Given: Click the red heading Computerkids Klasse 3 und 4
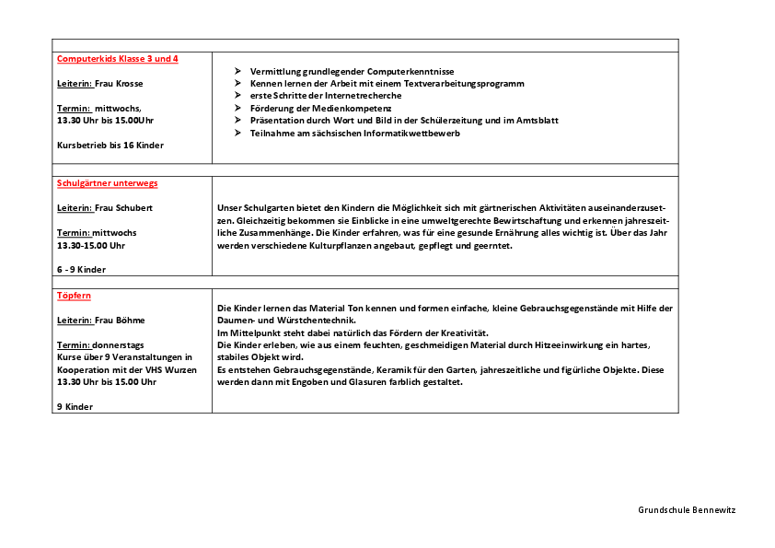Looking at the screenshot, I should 118,59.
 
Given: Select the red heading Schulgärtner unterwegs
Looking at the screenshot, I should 107,183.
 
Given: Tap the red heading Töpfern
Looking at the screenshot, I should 74,296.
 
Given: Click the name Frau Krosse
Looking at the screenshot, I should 120,83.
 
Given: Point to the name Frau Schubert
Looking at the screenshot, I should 124,208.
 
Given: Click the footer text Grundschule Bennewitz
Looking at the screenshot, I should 687,509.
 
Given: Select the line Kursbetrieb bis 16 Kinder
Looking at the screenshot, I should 110,146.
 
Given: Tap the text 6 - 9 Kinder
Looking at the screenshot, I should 81,270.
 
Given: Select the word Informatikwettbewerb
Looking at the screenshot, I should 410,133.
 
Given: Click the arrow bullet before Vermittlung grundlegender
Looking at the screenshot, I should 237,71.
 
